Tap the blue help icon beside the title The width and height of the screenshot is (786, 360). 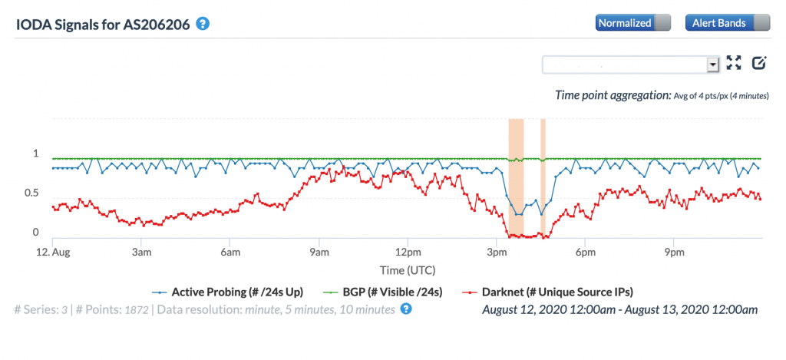(x=203, y=23)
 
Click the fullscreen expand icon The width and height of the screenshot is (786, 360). (x=734, y=64)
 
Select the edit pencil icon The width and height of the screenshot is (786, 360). (x=759, y=64)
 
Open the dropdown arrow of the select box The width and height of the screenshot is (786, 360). (x=712, y=64)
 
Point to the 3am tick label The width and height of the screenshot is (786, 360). (x=140, y=252)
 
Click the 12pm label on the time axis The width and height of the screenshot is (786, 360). (x=408, y=252)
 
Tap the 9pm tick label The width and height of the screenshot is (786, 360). (x=674, y=252)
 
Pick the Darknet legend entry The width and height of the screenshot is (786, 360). (x=553, y=292)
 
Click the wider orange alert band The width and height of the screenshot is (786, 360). (x=516, y=177)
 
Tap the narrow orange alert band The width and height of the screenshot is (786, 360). (x=543, y=177)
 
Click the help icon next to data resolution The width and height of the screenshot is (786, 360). (x=406, y=309)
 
